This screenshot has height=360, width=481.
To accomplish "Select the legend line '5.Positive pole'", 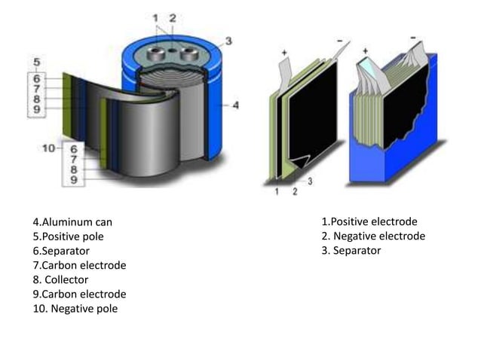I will (x=69, y=236).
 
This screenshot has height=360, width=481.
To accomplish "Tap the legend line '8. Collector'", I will (x=60, y=280).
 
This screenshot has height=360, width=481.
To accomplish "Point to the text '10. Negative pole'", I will (x=75, y=309).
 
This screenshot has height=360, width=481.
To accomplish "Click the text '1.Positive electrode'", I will (x=369, y=221).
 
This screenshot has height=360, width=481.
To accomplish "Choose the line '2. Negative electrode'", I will (x=372, y=236).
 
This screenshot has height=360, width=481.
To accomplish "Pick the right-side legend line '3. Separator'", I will (x=351, y=250).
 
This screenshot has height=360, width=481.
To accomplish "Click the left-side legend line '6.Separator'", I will (x=61, y=251).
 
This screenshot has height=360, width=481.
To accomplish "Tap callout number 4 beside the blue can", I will (x=236, y=105).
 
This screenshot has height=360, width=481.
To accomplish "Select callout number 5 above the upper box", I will (x=38, y=60).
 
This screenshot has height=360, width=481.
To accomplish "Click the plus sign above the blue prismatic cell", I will (x=365, y=50).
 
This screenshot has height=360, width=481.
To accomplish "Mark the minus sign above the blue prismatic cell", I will (x=412, y=36).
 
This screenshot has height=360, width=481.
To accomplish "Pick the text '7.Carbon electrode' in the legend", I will (x=79, y=265).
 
